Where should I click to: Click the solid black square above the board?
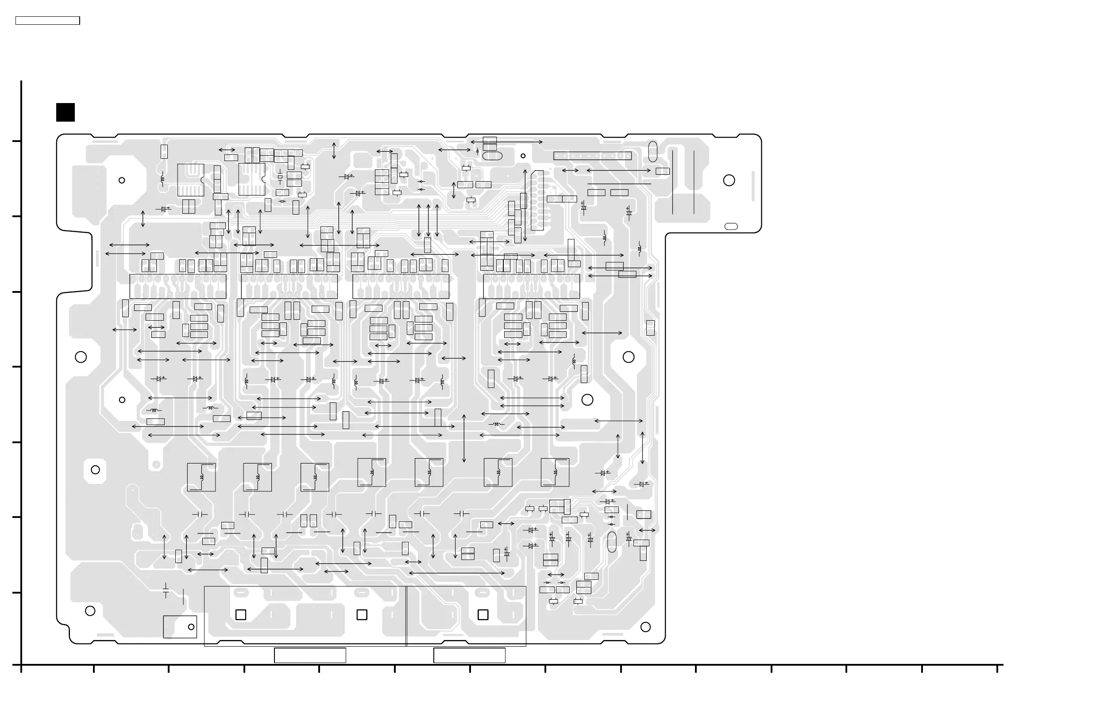coord(66,112)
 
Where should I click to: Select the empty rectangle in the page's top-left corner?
coord(47,21)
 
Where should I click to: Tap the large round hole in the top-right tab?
coord(729,180)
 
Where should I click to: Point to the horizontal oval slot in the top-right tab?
coord(731,226)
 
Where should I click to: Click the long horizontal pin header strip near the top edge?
coord(592,156)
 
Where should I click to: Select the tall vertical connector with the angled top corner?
coord(537,200)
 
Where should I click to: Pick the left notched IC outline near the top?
coord(191,180)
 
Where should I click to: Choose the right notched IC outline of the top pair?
coord(252,179)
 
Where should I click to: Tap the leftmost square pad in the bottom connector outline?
coord(241,614)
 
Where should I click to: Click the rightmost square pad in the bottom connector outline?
coord(483,614)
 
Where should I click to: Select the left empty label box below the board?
coord(310,655)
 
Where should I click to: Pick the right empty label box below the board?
coord(469,655)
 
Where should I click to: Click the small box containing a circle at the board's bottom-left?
coord(180,627)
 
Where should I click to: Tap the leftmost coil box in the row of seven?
coord(201,477)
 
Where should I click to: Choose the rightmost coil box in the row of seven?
coord(555,472)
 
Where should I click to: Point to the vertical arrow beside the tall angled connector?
coord(525,205)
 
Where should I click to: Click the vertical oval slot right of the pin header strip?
coord(652,151)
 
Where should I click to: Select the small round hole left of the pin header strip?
coord(523,156)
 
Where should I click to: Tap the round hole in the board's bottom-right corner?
coord(646,627)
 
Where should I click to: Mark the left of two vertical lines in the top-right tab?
coord(672,182)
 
